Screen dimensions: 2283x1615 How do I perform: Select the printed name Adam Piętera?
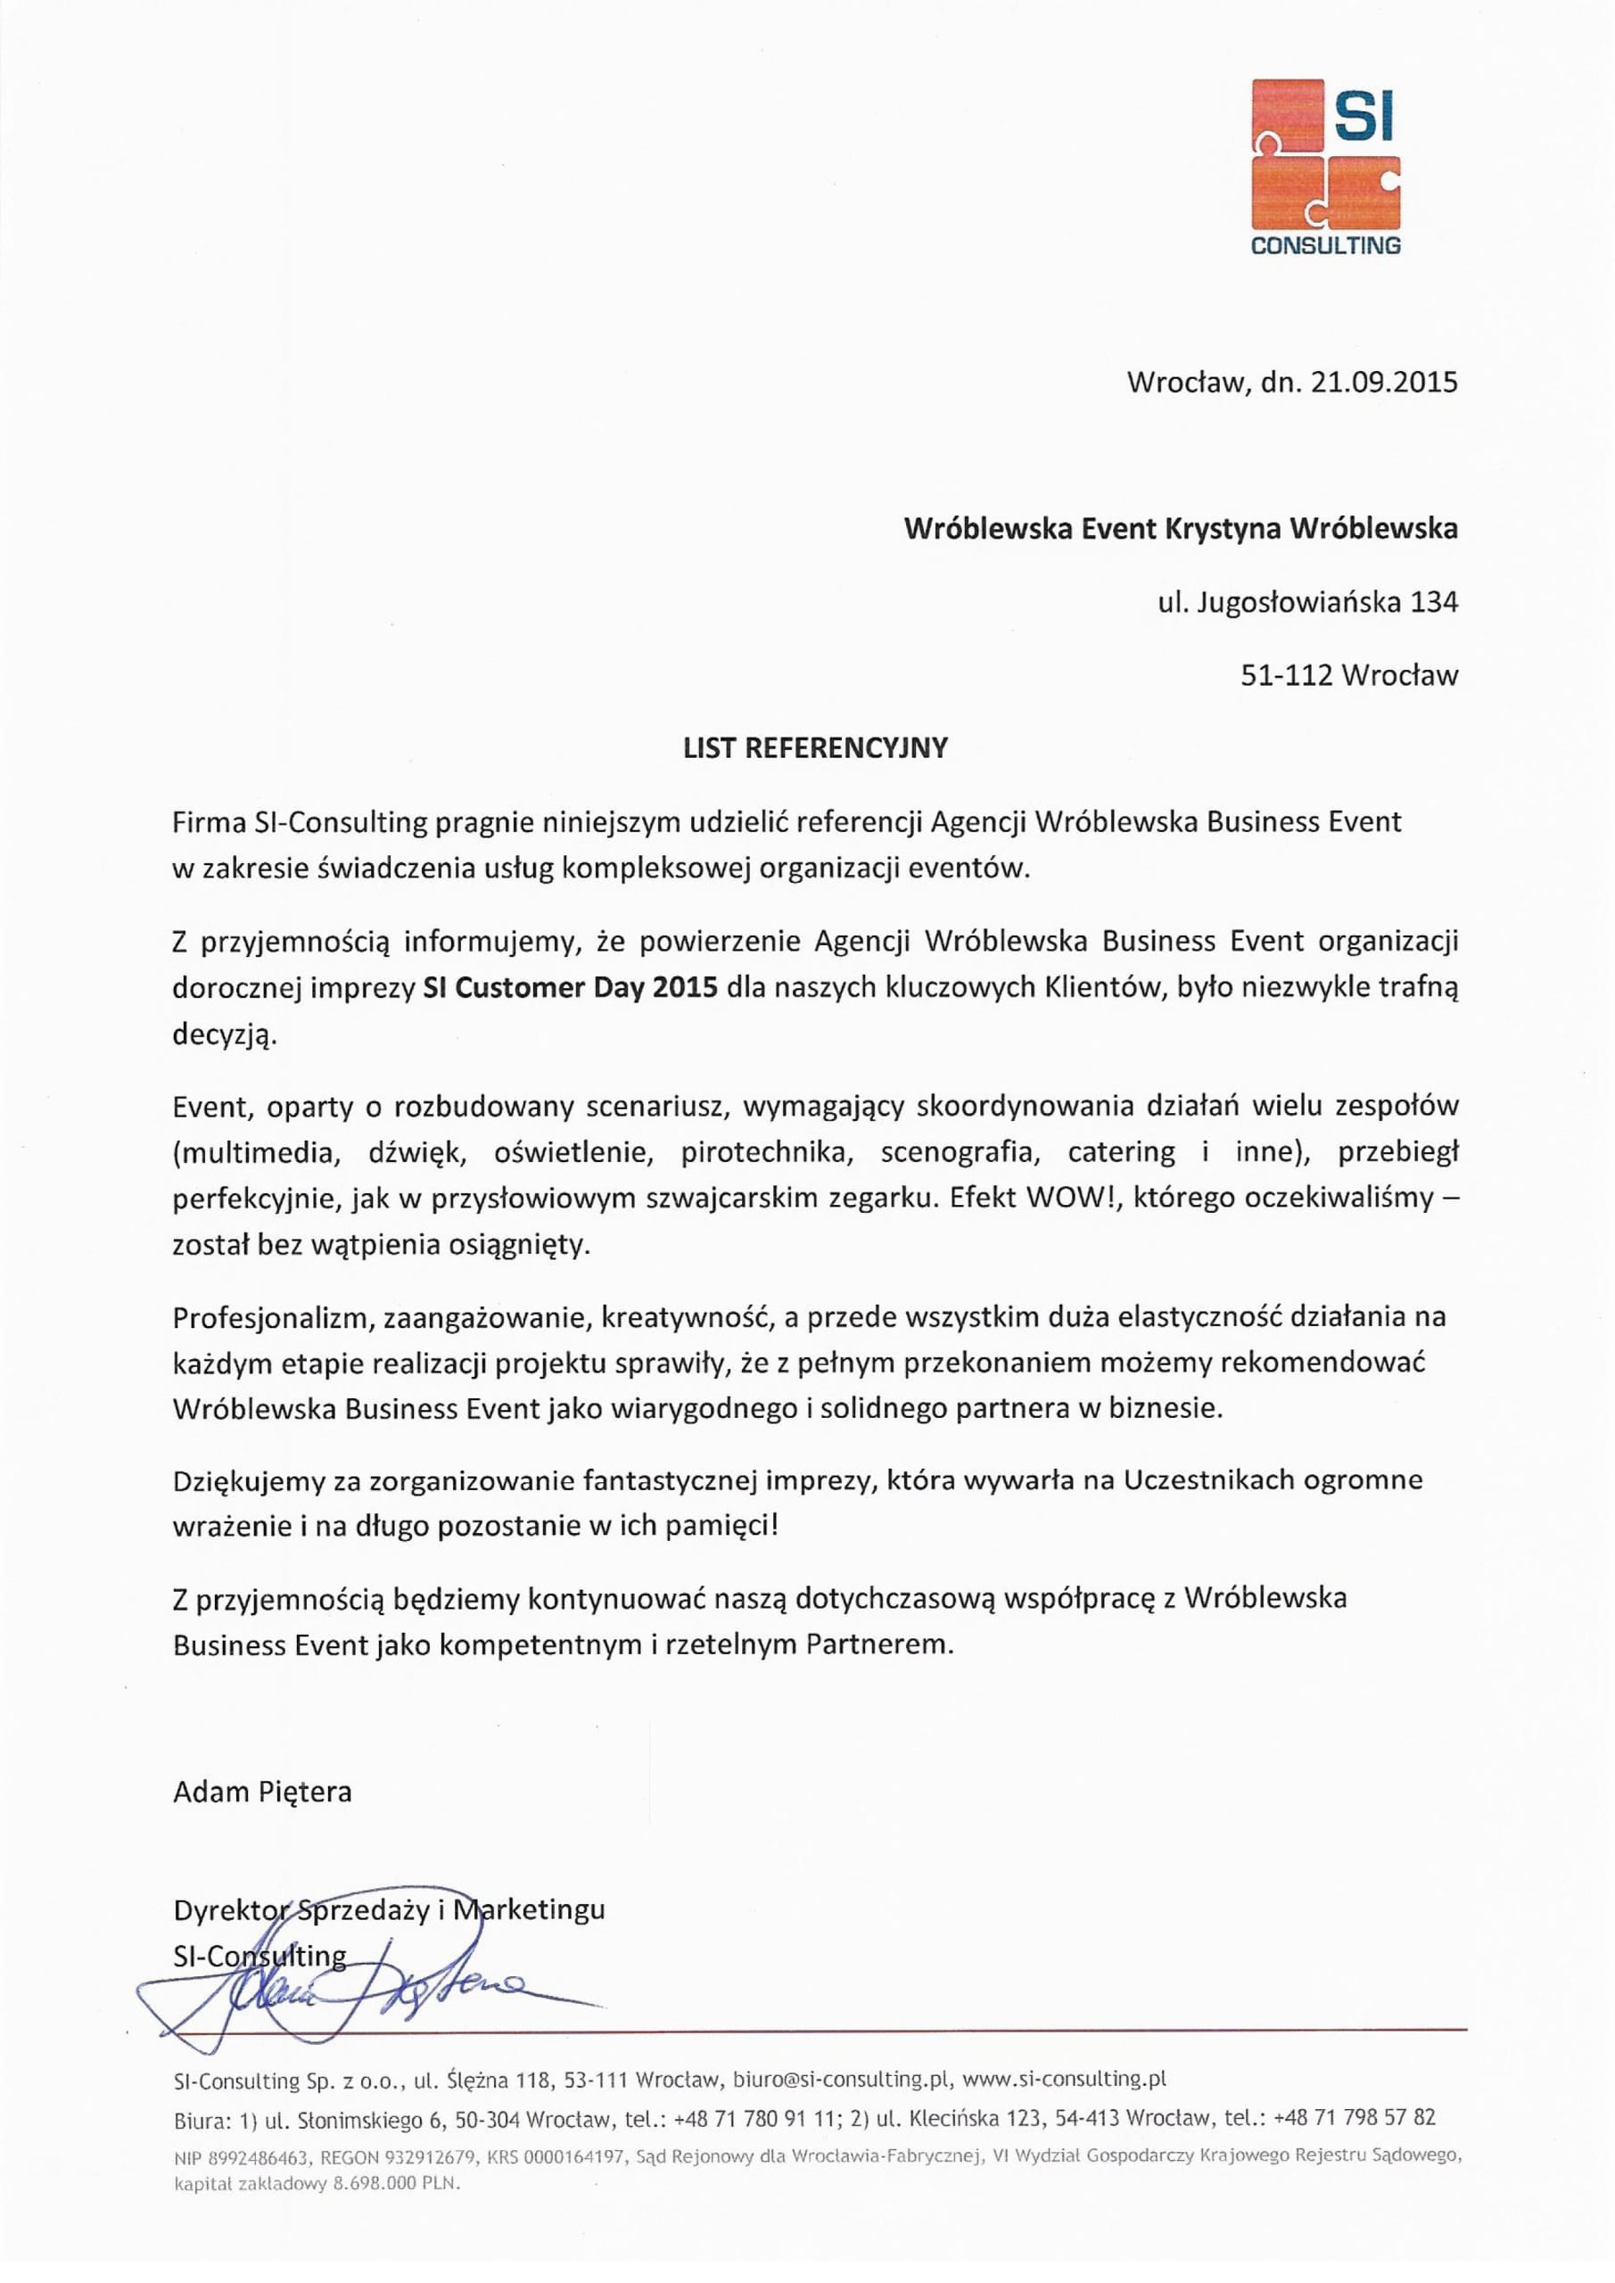point(262,1792)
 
